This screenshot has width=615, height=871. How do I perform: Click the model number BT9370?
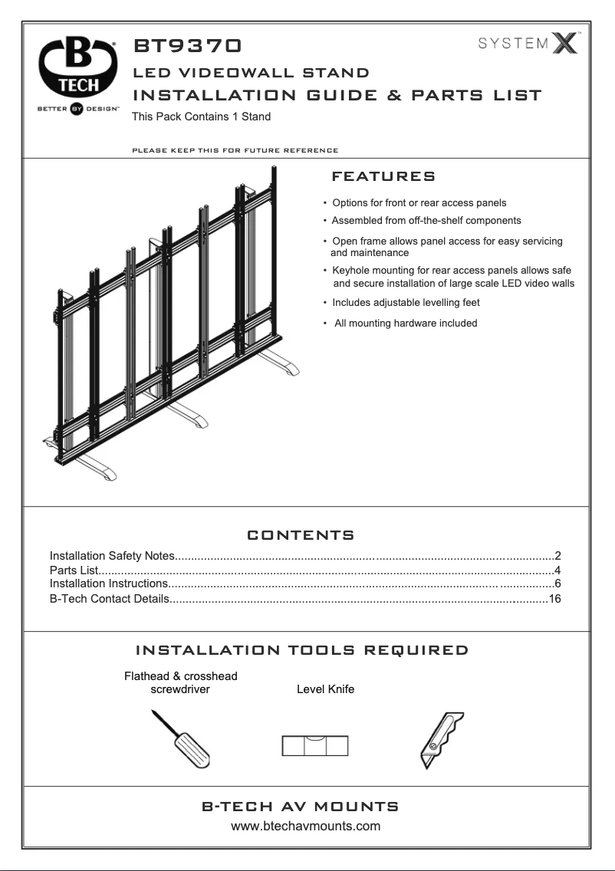[x=189, y=48]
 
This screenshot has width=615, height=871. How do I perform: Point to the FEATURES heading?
[x=383, y=177]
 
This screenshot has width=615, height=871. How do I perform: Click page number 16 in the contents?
[x=555, y=598]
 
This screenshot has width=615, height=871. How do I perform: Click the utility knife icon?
[x=442, y=741]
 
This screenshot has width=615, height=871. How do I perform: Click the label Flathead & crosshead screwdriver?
[x=180, y=682]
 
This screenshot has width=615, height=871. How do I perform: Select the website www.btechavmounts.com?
[x=307, y=827]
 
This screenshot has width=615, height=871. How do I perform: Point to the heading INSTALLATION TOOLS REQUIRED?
[x=301, y=651]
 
